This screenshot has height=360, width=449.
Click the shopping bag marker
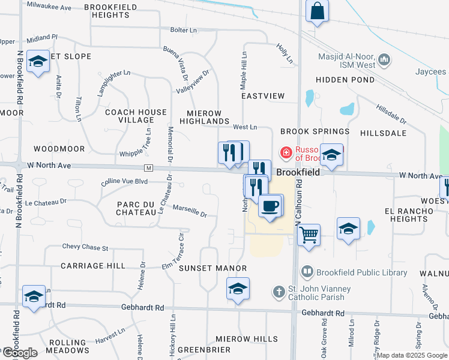(x=317, y=11)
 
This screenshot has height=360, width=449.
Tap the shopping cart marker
(x=309, y=234)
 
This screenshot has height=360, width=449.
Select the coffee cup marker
(x=270, y=206)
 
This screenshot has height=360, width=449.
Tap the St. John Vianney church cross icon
(x=279, y=292)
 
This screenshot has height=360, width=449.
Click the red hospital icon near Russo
(x=286, y=153)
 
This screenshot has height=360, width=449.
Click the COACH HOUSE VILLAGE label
(x=136, y=116)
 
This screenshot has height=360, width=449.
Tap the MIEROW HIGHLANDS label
(x=204, y=117)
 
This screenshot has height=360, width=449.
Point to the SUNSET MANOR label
(x=213, y=268)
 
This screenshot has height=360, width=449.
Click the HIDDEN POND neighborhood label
(x=345, y=80)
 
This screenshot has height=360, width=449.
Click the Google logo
(x=19, y=352)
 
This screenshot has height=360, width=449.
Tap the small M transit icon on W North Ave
(x=148, y=167)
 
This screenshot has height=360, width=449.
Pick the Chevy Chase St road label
(x=85, y=247)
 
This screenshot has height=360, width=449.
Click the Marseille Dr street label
(x=190, y=212)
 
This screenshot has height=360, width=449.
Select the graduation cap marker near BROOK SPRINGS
(x=331, y=155)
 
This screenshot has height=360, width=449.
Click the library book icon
(x=308, y=272)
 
